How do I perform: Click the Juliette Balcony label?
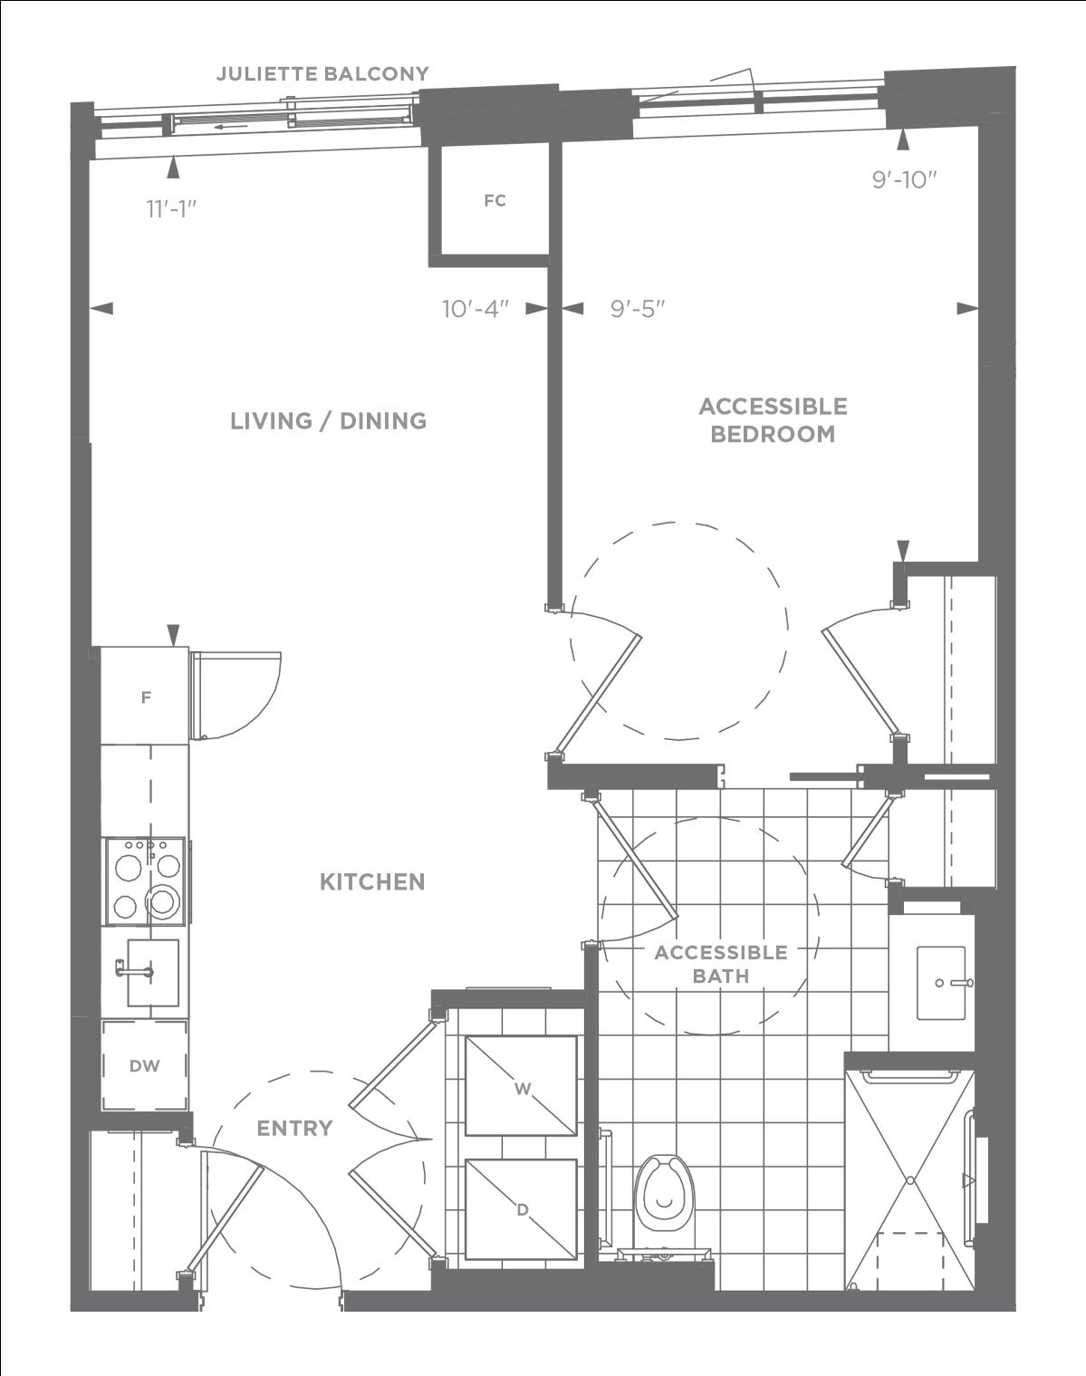coord(322,74)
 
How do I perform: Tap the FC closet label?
coord(495,201)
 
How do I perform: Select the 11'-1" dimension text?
coord(171,209)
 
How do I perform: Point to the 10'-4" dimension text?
coord(476,309)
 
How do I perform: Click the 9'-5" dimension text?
coord(638,309)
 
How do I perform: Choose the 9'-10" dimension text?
coord(904,179)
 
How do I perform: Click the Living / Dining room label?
coord(328,420)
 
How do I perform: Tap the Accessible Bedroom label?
coord(773,420)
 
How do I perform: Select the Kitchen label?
coord(372,882)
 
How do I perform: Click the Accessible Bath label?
coord(721,964)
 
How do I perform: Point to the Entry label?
coord(295,1129)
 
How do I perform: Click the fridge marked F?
coord(145,696)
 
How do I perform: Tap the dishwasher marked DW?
coord(145,1066)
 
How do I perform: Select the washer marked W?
coord(521,1086)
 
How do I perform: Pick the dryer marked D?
coord(521,1209)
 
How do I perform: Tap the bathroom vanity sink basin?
coord(941,983)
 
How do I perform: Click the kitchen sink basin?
coord(153,973)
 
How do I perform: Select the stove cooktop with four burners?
coord(146,881)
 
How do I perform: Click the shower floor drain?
coord(910,1179)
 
